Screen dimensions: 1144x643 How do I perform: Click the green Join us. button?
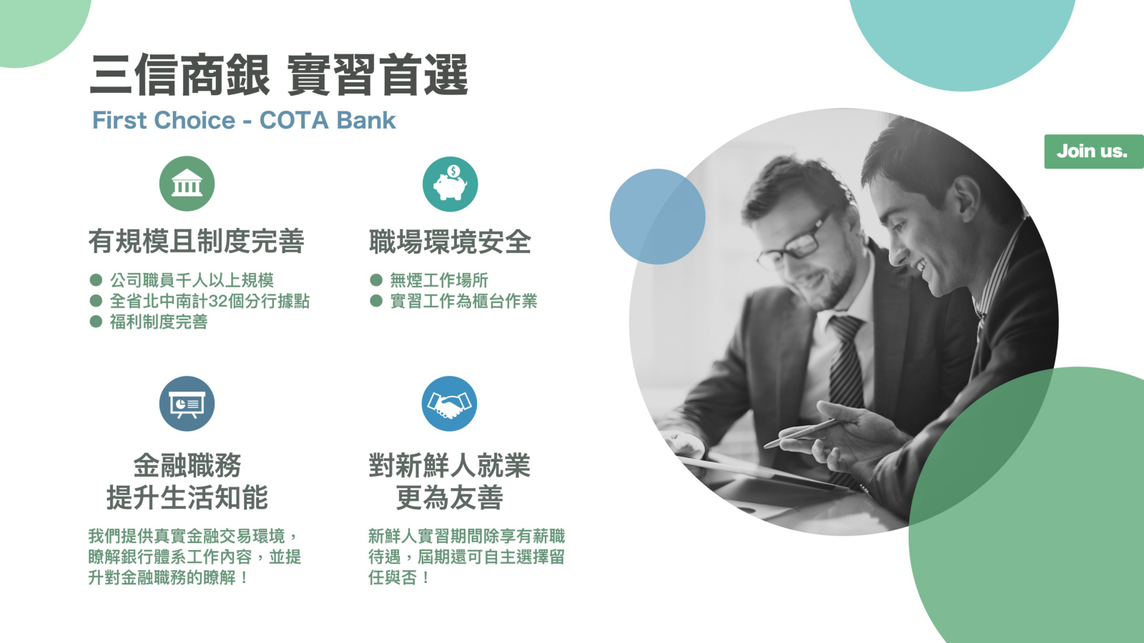pos(1093,151)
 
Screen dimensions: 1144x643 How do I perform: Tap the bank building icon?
pos(187,184)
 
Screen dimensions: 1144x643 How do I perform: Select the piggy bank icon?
pos(450,184)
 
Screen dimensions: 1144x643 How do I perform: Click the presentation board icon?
pos(187,404)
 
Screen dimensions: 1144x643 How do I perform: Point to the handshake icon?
pos(450,404)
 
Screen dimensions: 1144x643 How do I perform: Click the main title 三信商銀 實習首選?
pos(279,75)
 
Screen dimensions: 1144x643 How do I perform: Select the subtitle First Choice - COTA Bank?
pos(244,121)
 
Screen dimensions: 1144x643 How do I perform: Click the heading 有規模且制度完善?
pos(197,241)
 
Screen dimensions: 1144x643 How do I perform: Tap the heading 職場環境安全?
pos(450,241)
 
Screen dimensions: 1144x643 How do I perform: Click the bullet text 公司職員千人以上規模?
pos(192,280)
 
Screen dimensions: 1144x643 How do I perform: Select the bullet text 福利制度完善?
pos(159,322)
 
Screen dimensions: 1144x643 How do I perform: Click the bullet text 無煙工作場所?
pos(439,280)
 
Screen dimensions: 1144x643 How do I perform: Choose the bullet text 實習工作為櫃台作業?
pos(464,301)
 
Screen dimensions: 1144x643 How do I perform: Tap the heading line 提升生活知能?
pos(187,497)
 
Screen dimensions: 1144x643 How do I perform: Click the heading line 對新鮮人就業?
pos(450,466)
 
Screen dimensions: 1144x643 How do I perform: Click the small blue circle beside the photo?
pos(658,217)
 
